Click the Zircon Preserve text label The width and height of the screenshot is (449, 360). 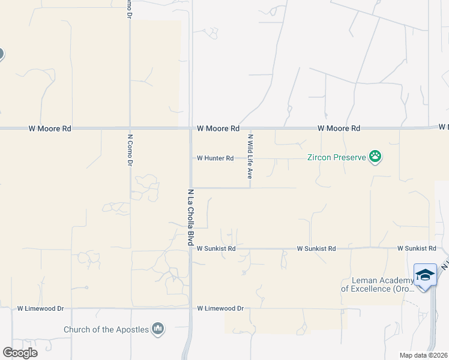[x=336, y=158]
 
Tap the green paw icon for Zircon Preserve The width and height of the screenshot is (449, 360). [x=376, y=157]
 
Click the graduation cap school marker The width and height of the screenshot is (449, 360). [x=425, y=275]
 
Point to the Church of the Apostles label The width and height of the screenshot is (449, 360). [x=107, y=329]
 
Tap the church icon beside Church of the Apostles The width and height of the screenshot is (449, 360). [x=158, y=328]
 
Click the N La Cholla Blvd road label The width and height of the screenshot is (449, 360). [x=190, y=217]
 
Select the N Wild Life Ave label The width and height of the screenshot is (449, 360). [x=250, y=157]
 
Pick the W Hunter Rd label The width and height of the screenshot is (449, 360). [x=215, y=158]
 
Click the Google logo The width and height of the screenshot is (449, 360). [x=20, y=353]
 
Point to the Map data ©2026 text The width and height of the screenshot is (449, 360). [x=424, y=355]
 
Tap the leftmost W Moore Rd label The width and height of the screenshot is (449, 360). [x=50, y=128]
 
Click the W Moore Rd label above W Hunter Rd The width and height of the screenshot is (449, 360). [x=218, y=128]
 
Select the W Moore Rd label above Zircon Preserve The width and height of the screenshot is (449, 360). [x=339, y=128]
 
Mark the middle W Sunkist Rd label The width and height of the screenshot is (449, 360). [x=316, y=248]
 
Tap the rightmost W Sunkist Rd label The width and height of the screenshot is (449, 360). [x=416, y=248]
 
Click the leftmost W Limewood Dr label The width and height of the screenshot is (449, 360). [x=40, y=308]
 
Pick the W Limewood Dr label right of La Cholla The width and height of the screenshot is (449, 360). [x=220, y=308]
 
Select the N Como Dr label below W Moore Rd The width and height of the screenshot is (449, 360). [x=130, y=149]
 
